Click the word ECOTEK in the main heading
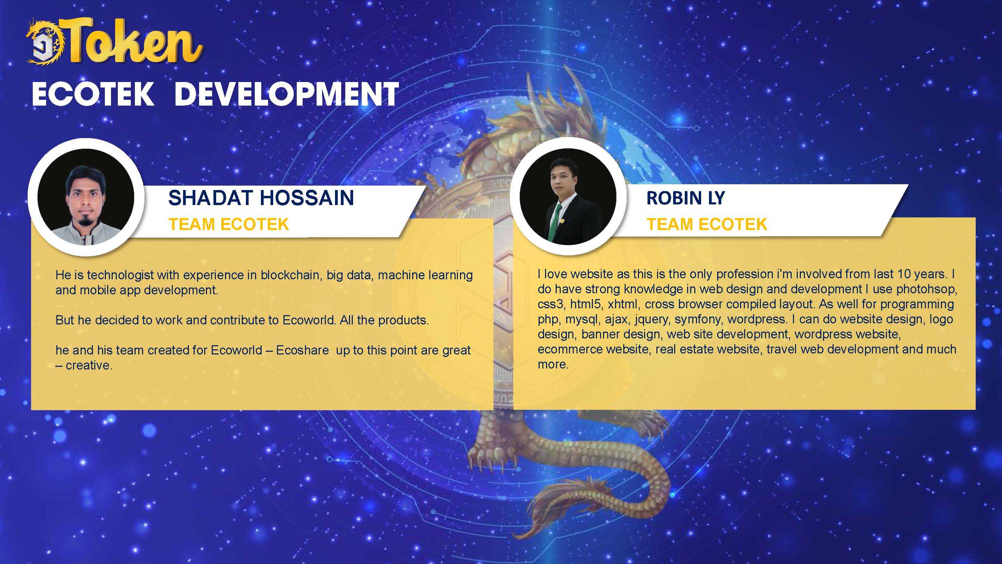(x=93, y=94)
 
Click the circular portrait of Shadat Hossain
(x=86, y=197)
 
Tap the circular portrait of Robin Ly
(x=568, y=197)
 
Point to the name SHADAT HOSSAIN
(x=261, y=198)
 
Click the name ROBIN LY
(x=686, y=198)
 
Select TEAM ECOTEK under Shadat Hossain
(x=229, y=225)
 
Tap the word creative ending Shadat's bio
(x=89, y=365)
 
